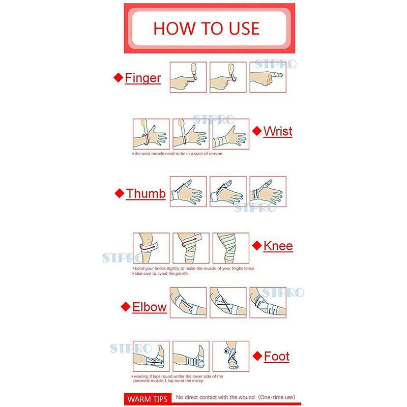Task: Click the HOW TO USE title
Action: tap(207, 28)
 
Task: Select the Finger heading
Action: tap(143, 78)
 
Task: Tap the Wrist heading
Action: tap(278, 131)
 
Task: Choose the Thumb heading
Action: tap(146, 194)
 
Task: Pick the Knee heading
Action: tap(278, 246)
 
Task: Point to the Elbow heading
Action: tap(149, 307)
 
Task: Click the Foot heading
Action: tap(276, 356)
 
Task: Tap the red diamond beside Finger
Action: tap(119, 78)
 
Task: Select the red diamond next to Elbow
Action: tap(126, 307)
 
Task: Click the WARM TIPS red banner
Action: tap(148, 399)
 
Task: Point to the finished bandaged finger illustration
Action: tap(268, 77)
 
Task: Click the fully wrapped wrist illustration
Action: tap(231, 134)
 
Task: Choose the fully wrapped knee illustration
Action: tap(231, 248)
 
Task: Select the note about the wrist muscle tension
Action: tap(177, 154)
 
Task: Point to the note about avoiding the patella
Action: tap(160, 274)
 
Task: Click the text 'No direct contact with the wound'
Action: tap(215, 397)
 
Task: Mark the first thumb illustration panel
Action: tap(188, 192)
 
